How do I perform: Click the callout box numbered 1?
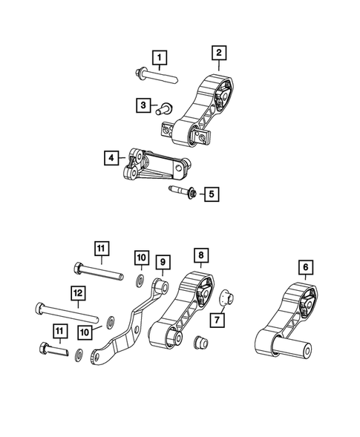[x=160, y=56]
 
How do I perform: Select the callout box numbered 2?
[x=219, y=53]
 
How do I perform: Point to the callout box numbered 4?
[x=111, y=157]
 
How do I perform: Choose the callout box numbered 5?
[x=212, y=194]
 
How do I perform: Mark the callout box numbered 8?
[x=200, y=256]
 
